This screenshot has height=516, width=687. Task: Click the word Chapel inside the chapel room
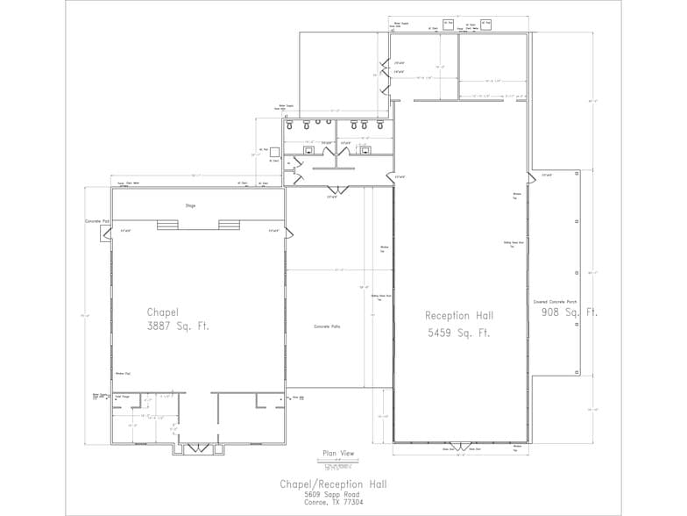click(x=163, y=312)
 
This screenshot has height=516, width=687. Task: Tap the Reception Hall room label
click(x=459, y=316)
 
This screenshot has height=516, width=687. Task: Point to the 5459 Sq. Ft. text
click(x=459, y=333)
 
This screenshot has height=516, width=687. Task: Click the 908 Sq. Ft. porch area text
click(x=569, y=312)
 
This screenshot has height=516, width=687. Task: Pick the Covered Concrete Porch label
click(x=555, y=301)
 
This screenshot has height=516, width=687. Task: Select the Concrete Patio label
click(x=327, y=326)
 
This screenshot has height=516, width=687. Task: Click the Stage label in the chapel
click(x=190, y=205)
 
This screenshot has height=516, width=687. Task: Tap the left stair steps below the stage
click(x=167, y=225)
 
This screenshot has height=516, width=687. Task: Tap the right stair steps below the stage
click(x=230, y=225)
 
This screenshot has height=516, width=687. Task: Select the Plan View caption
click(x=338, y=453)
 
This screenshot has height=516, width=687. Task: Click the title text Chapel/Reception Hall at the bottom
click(x=333, y=484)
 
